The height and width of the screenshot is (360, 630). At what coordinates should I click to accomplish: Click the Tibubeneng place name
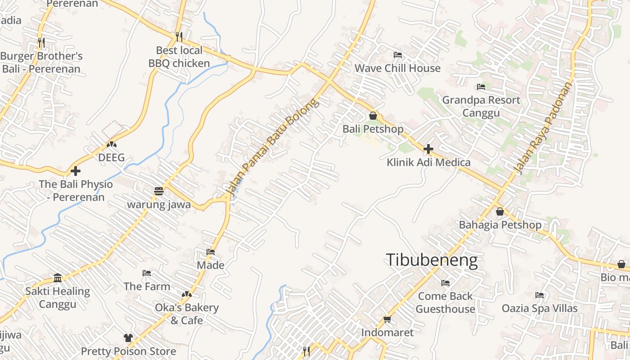pyautogui.click(x=432, y=260)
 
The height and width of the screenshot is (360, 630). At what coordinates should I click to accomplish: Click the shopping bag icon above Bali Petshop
pyautogui.click(x=373, y=116)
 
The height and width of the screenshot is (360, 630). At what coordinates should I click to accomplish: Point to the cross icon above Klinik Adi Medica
pyautogui.click(x=428, y=148)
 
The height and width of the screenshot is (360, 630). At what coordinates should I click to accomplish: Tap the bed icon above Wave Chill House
pyautogui.click(x=397, y=55)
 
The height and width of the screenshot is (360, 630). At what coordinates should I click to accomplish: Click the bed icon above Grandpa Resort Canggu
pyautogui.click(x=481, y=87)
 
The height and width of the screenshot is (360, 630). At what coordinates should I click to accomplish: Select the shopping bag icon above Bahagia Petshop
pyautogui.click(x=499, y=211)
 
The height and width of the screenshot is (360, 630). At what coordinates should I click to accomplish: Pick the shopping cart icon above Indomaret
pyautogui.click(x=387, y=319)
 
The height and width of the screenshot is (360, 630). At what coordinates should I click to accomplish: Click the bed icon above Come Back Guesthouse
pyautogui.click(x=445, y=283)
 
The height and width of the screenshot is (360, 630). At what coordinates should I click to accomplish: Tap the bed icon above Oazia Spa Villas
pyautogui.click(x=540, y=295)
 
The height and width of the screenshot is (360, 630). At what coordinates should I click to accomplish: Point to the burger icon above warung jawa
pyautogui.click(x=158, y=191)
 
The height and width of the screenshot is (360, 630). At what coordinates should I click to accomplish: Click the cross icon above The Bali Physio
pyautogui.click(x=76, y=171)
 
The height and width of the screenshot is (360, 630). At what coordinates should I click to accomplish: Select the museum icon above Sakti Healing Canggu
pyautogui.click(x=58, y=278)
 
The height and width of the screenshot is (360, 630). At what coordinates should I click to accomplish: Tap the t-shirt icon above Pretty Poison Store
pyautogui.click(x=128, y=337)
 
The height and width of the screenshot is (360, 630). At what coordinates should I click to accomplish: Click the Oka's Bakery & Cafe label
pyautogui.click(x=187, y=314)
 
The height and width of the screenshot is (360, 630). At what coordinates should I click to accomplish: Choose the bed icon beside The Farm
pyautogui.click(x=147, y=273)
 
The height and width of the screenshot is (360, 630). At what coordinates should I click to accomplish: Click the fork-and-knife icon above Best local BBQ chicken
pyautogui.click(x=179, y=36)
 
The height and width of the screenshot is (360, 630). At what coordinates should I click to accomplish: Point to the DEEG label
pyautogui.click(x=111, y=158)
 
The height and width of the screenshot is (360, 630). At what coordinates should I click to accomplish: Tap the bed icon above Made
pyautogui.click(x=211, y=252)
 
